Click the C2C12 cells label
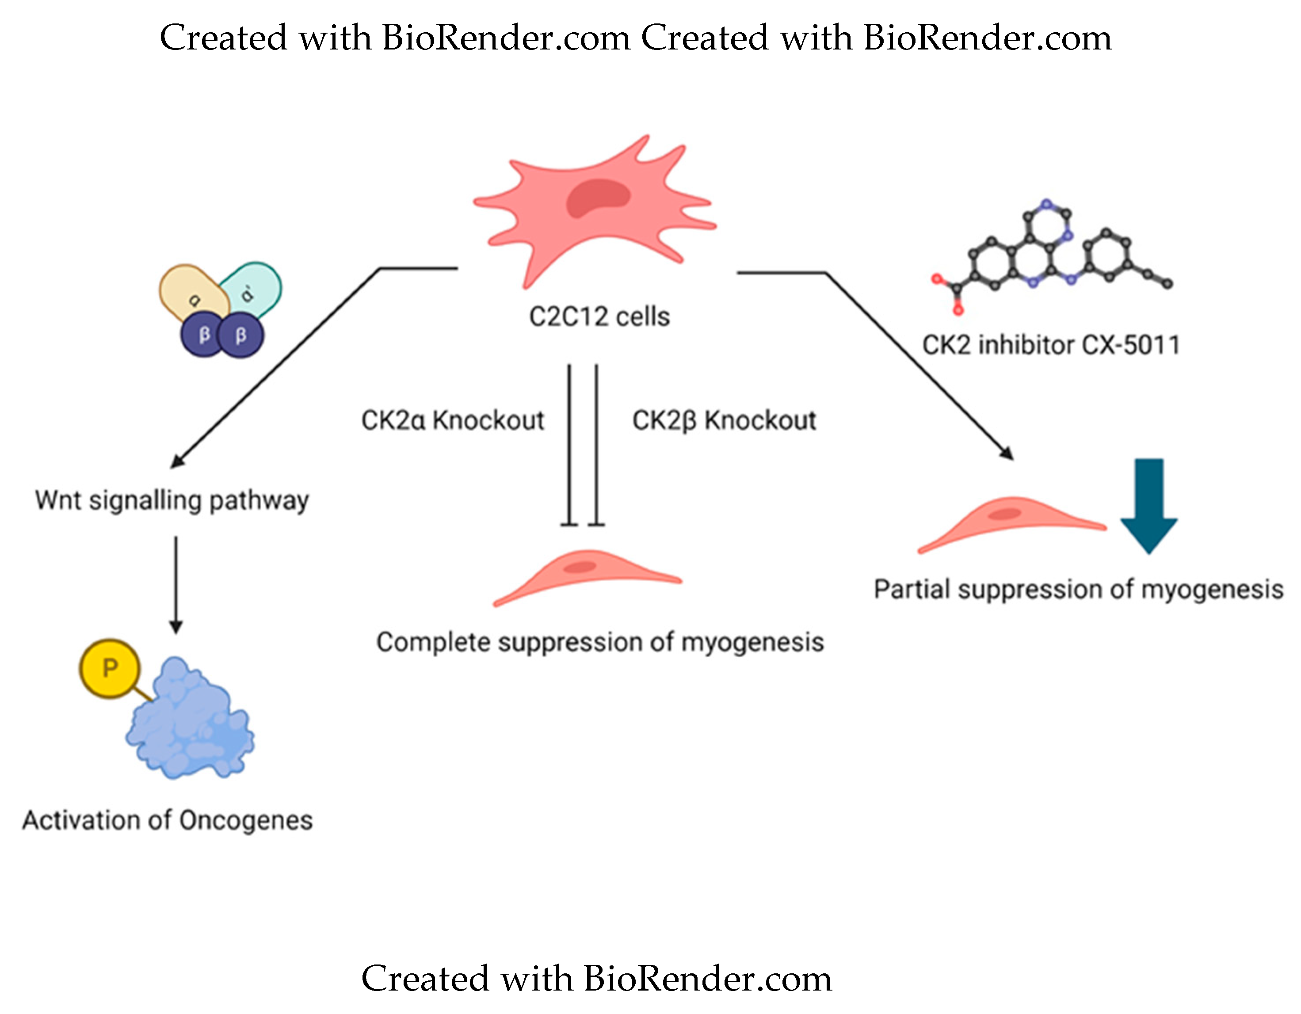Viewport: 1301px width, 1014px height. (599, 316)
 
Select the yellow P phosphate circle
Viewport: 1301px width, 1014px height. (110, 668)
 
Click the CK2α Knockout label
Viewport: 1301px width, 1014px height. (453, 420)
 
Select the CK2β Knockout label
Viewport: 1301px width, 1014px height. (724, 420)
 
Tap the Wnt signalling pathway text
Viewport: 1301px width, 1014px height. (172, 500)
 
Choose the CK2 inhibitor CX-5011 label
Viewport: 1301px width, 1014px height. (1051, 345)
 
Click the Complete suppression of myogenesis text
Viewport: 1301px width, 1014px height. (600, 642)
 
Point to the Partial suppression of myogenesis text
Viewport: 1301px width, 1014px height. (1078, 589)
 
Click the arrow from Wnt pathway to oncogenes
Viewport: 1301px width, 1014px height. (176, 584)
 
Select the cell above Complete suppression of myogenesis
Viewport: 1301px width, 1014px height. (587, 575)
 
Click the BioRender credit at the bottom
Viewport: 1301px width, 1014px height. (596, 979)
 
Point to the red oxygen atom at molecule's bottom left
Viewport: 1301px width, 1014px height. (958, 310)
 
